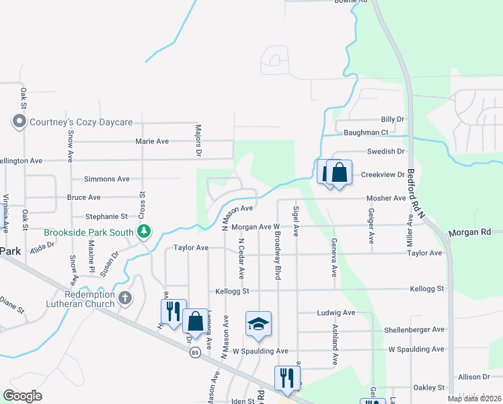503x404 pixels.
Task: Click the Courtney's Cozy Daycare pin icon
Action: [x=19, y=122]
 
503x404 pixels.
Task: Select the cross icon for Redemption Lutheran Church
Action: [x=125, y=298]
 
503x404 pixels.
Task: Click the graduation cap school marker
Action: [x=258, y=324]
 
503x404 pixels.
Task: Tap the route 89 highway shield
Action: [x=195, y=352]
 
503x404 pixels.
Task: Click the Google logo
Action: [x=22, y=396]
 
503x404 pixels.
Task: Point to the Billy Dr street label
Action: [x=392, y=119]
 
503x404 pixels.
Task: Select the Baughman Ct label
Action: [x=366, y=133]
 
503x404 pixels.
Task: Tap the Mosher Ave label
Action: [x=386, y=199]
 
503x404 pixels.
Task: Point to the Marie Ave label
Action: [x=151, y=141]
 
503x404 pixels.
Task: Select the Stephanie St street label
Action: [x=106, y=217]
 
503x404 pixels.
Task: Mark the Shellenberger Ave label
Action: [x=414, y=329]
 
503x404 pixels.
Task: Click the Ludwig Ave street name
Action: [x=336, y=313]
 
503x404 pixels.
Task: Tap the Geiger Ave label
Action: [x=371, y=226]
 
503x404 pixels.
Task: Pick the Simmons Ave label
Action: [x=106, y=179]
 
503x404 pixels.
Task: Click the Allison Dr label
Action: [x=474, y=377]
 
